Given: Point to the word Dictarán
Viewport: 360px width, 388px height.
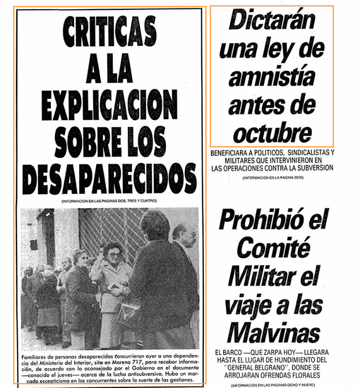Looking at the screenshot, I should [272, 21].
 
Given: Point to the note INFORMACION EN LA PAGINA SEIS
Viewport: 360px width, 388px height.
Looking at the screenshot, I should [273, 178].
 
